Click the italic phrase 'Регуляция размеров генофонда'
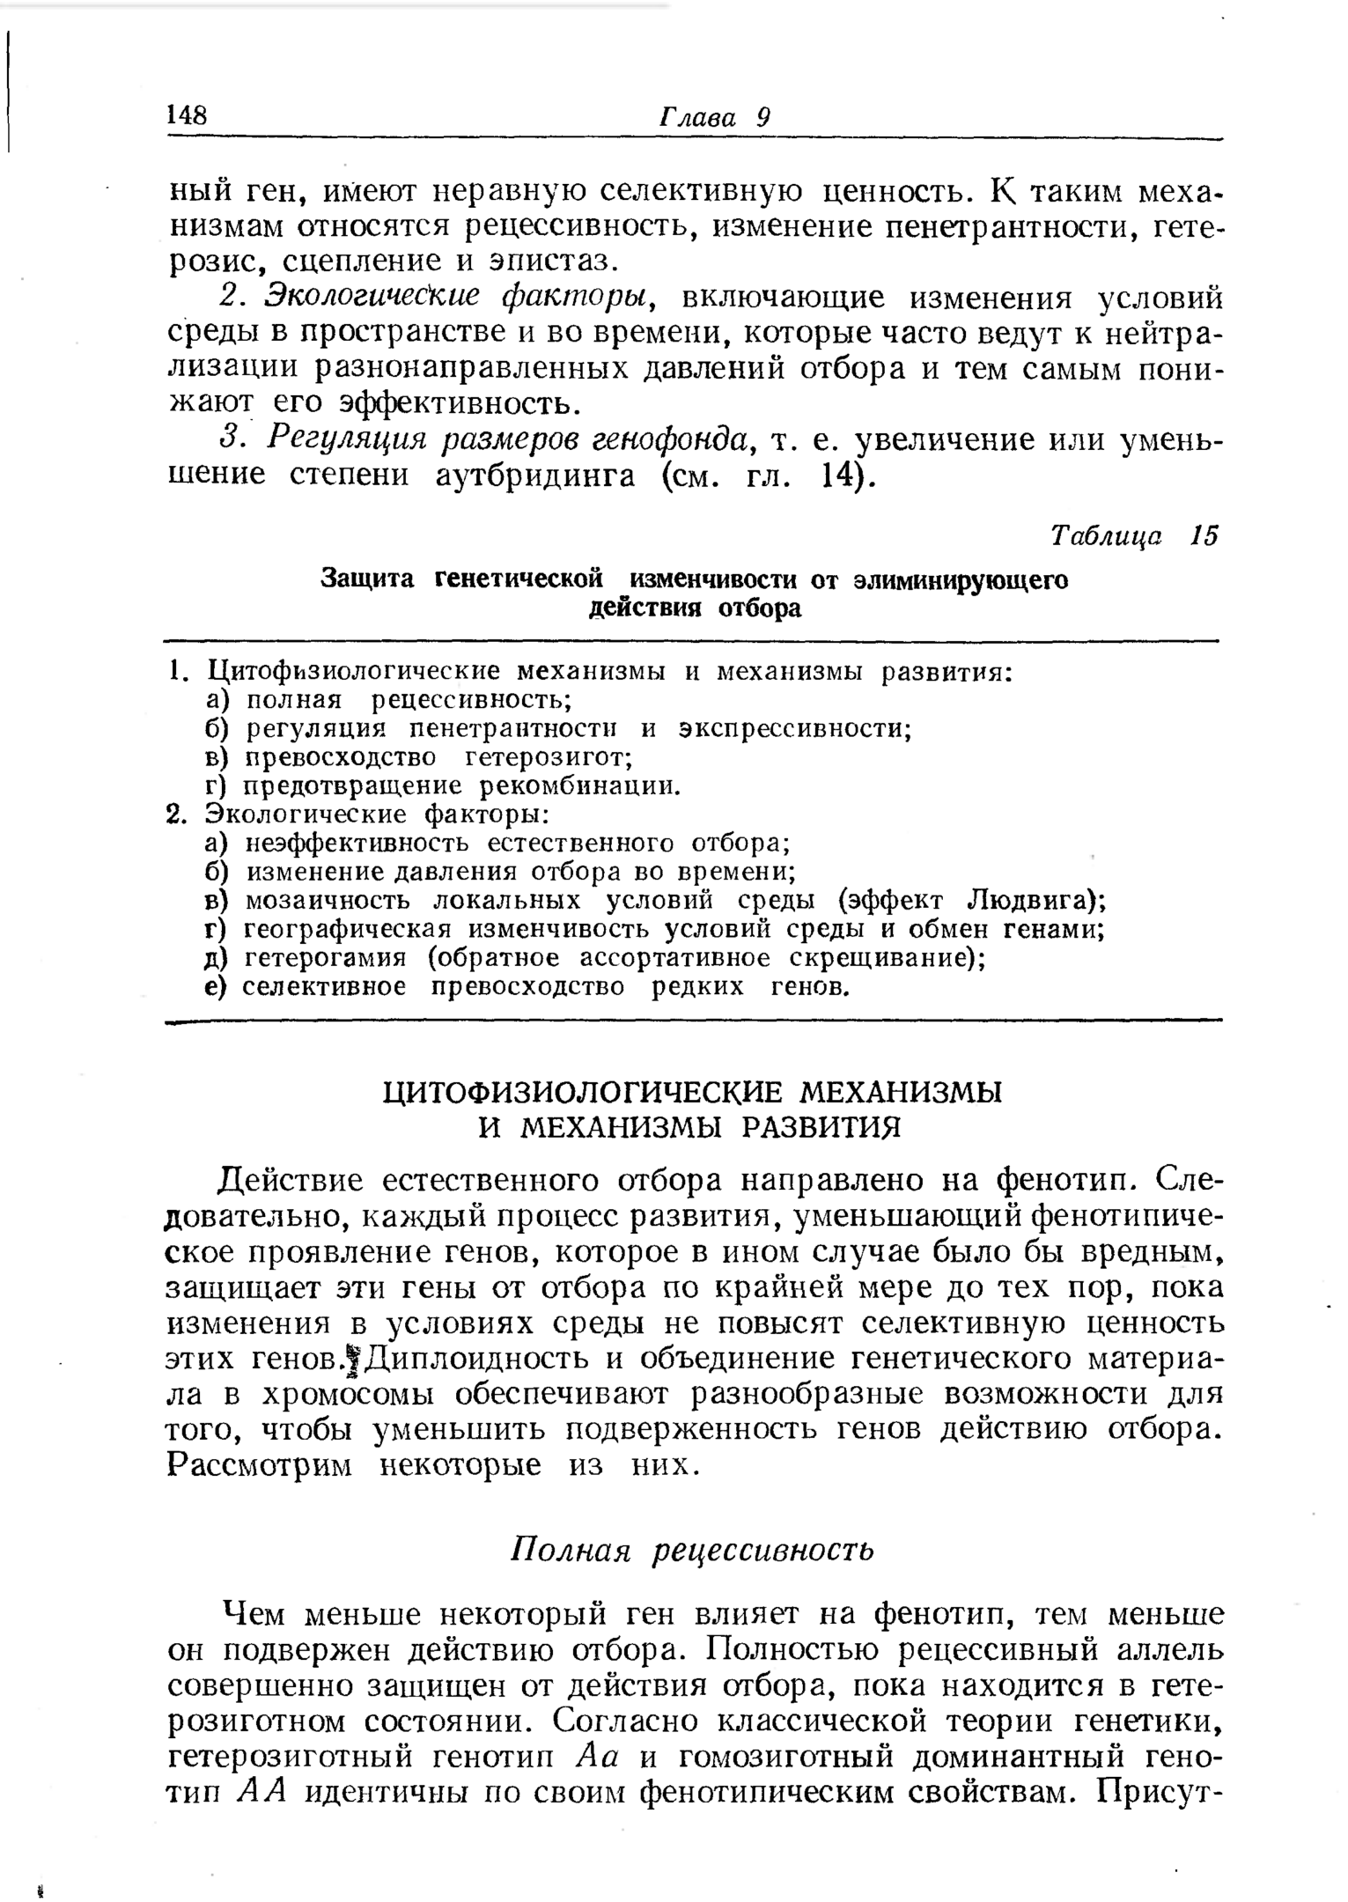tap(508, 439)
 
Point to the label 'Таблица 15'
tap(1135, 535)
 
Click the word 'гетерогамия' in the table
tap(325, 958)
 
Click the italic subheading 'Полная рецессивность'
tap(693, 1550)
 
